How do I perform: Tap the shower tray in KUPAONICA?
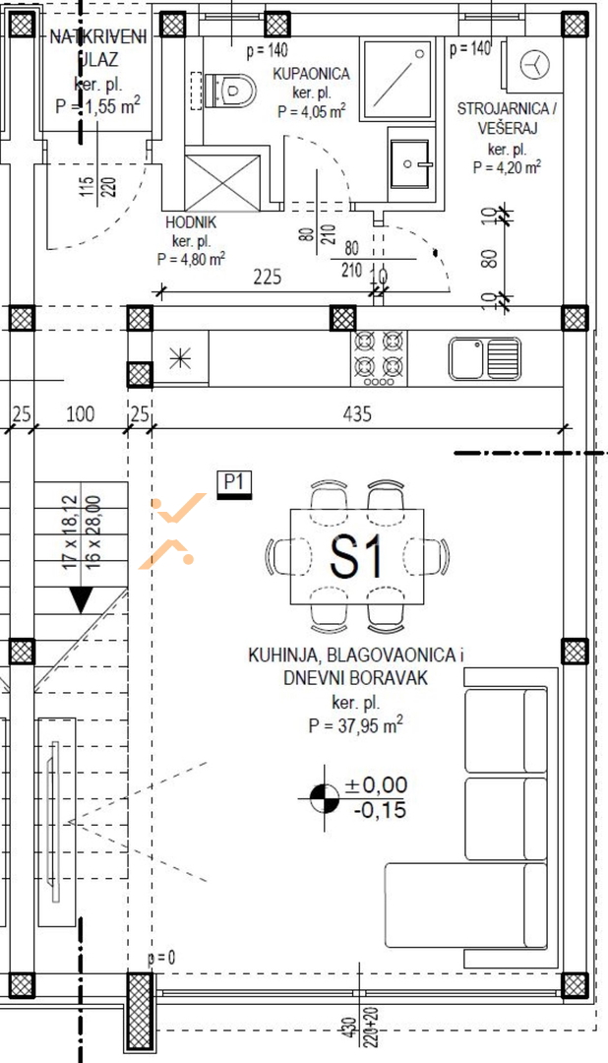[x=396, y=79]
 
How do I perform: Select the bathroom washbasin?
[x=409, y=162]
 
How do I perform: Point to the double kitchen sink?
[x=485, y=358]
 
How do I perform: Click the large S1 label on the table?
[x=356, y=556]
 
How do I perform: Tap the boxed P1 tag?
[x=234, y=482]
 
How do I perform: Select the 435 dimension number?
[x=357, y=412]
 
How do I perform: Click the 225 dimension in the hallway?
[x=267, y=277]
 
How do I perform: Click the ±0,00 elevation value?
[x=376, y=785]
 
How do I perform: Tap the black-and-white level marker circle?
[x=325, y=798]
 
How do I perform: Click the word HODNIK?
[x=191, y=222]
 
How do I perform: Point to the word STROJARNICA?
[x=503, y=109]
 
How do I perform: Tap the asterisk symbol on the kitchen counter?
[x=180, y=358]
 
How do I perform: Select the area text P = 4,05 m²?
[x=312, y=112]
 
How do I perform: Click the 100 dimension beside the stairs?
[x=81, y=412]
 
